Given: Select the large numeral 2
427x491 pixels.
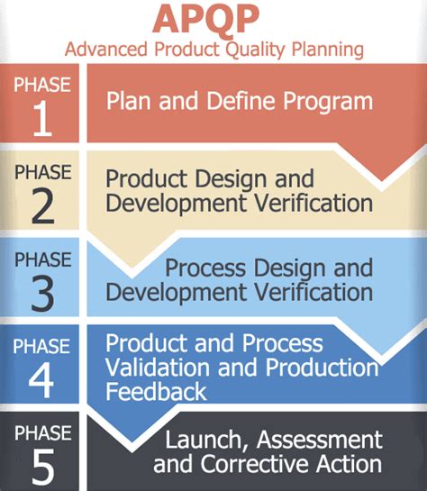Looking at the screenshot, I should [x=41, y=208].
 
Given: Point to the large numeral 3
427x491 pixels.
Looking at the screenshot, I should [x=41, y=295].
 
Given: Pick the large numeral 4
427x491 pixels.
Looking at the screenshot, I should [x=41, y=379].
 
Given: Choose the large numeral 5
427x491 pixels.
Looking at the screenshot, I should [x=41, y=466].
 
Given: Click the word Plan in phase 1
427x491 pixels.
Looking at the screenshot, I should [x=127, y=101].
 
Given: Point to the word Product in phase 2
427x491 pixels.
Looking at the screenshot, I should [x=141, y=177].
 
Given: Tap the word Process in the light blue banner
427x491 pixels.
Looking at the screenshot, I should [x=207, y=268].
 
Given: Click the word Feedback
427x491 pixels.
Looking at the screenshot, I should [x=156, y=391].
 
